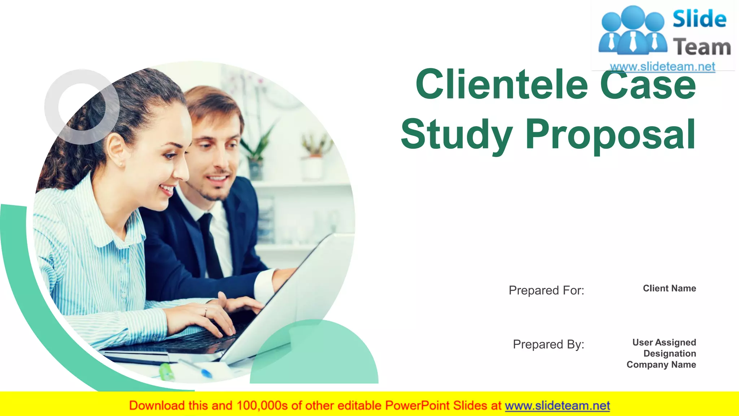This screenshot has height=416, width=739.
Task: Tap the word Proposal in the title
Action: click(x=610, y=135)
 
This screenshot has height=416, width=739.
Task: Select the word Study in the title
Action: click(x=457, y=135)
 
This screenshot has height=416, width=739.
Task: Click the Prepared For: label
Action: click(x=546, y=290)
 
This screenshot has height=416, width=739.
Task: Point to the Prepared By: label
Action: click(x=548, y=344)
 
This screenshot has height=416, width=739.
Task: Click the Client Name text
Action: click(x=669, y=289)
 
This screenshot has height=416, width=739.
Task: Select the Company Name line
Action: click(x=661, y=365)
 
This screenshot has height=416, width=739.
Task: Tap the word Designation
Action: click(x=670, y=354)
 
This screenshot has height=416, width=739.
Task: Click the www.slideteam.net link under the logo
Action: click(x=663, y=67)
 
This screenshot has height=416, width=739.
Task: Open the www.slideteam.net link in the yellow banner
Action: click(x=557, y=406)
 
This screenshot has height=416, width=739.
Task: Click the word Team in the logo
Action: click(x=702, y=47)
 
